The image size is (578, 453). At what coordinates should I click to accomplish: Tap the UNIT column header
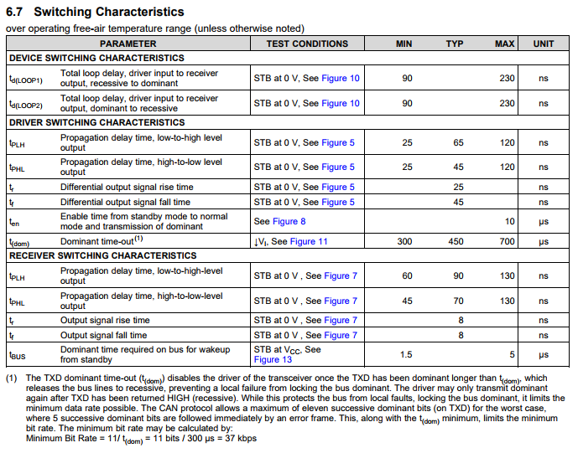tap(543, 44)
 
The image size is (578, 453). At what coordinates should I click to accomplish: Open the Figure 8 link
tap(289, 221)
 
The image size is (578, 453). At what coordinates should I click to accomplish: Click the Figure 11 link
tap(310, 241)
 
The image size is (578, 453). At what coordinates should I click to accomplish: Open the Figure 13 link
tap(273, 360)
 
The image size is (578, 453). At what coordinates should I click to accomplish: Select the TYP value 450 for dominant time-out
tap(455, 241)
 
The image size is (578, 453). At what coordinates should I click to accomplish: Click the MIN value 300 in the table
tap(405, 241)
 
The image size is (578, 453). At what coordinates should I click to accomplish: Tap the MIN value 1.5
tap(406, 354)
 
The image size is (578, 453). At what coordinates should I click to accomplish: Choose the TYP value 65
tap(458, 142)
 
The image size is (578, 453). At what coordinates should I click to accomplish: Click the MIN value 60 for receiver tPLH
tap(407, 275)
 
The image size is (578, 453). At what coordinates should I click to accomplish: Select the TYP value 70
tap(457, 301)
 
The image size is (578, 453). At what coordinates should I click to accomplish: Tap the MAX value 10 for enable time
tap(509, 221)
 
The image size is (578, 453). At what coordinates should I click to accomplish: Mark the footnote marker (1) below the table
tap(11, 378)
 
